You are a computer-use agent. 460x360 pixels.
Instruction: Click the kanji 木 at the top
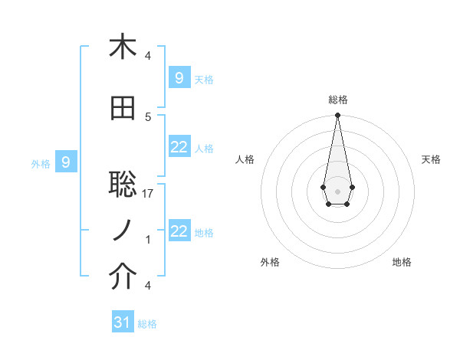coord(123,47)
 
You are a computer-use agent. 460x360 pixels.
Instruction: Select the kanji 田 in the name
coord(123,109)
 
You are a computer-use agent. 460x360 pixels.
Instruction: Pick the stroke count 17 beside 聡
coord(148,194)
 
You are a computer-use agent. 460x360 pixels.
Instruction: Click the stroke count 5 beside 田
coord(148,116)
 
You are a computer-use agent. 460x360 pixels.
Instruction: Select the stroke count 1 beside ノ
coord(148,240)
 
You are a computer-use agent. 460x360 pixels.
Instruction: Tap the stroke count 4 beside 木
coord(148,55)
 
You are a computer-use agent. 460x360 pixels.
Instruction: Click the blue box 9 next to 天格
coord(179,77)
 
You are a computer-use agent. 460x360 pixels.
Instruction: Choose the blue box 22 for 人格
coord(179,147)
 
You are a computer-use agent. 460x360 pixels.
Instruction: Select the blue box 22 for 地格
coord(179,231)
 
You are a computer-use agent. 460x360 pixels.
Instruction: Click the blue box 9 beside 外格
coord(66,162)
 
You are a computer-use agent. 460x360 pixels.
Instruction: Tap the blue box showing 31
coord(123,322)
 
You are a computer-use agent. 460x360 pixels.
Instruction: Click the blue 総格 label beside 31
coord(147,324)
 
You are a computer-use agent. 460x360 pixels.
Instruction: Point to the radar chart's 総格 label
coord(337,100)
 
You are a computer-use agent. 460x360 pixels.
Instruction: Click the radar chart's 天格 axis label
coord(431,159)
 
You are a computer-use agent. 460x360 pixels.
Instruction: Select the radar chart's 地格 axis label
coord(402,262)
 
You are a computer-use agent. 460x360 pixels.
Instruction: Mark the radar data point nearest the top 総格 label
coord(337,116)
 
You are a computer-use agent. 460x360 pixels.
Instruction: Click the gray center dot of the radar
coord(337,190)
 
